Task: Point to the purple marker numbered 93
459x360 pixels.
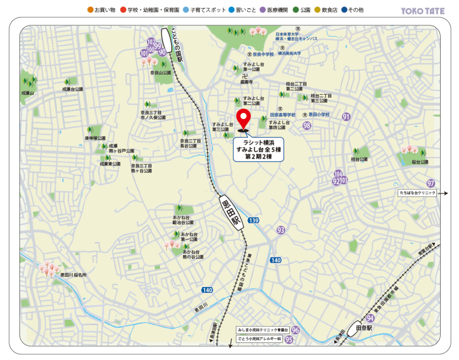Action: pyautogui.click(x=281, y=230)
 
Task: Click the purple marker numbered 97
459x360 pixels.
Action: pyautogui.click(x=430, y=183)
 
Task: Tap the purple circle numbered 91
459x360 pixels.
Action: pyautogui.click(x=346, y=117)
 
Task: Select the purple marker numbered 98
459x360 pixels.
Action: pyautogui.click(x=307, y=125)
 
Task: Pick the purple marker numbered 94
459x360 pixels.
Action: pyautogui.click(x=370, y=318)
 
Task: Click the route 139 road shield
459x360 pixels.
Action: pyautogui.click(x=254, y=220)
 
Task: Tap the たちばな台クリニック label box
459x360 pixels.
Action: pyautogui.click(x=417, y=193)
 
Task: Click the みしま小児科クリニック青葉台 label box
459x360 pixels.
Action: pyautogui.click(x=262, y=330)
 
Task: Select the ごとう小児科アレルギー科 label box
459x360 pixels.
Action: pyautogui.click(x=259, y=339)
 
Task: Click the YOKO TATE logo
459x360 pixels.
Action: pyautogui.click(x=422, y=11)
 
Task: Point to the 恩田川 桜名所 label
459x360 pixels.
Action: pyautogui.click(x=74, y=275)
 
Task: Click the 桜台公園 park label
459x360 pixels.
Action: pyautogui.click(x=420, y=162)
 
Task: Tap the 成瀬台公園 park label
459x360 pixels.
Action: pyautogui.click(x=73, y=89)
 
